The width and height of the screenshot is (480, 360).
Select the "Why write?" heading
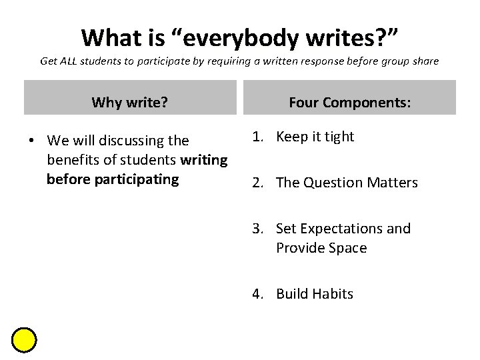tap(129, 102)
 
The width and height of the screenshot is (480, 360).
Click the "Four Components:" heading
tap(350, 102)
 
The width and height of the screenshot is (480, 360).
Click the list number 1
tap(257, 137)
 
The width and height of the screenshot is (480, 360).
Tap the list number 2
tap(257, 183)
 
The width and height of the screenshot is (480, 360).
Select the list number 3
tap(257, 229)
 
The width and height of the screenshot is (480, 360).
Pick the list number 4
tap(257, 294)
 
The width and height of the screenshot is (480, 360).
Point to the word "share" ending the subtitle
tap(425, 61)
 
